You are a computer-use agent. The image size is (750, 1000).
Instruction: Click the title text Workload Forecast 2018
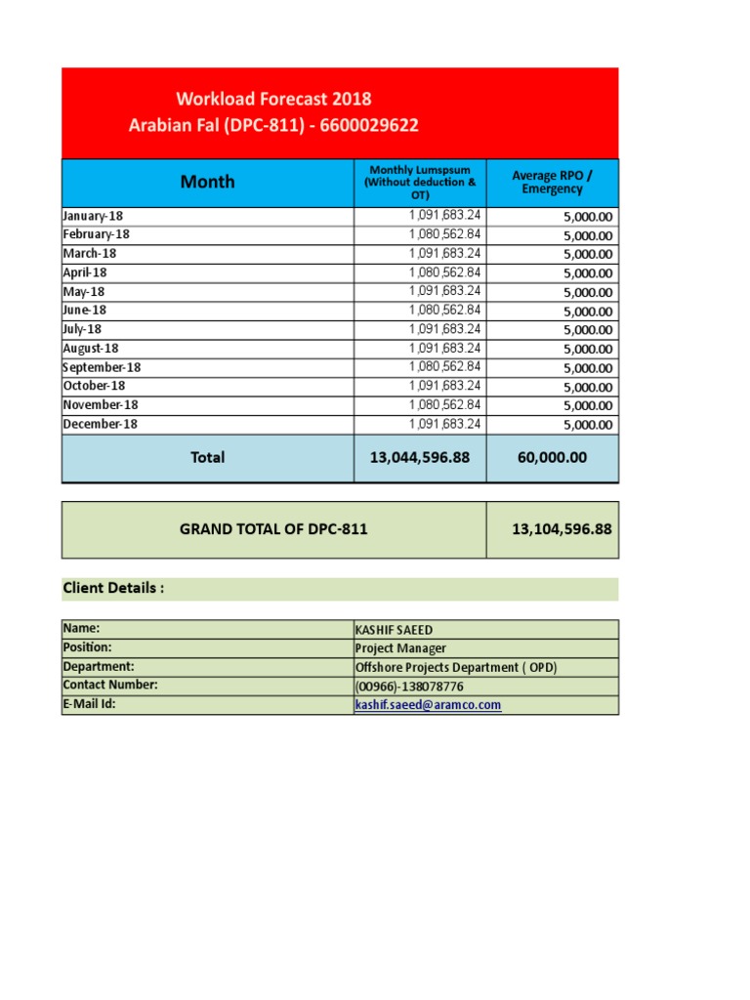point(273,99)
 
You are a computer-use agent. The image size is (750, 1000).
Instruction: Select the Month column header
point(207,182)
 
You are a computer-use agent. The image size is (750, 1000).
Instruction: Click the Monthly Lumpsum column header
point(420,183)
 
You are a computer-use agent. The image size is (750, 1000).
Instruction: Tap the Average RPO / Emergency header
point(552,182)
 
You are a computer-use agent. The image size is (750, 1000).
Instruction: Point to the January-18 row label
point(93,216)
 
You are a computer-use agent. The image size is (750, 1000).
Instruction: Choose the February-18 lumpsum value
point(444,234)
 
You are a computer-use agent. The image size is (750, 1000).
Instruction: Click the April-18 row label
point(85,272)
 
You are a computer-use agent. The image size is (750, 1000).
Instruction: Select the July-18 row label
point(82,329)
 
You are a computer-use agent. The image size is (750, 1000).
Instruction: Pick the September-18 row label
point(102,367)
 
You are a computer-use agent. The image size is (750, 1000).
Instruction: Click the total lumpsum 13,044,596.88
point(420,457)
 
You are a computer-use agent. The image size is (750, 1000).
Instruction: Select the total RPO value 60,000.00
point(552,457)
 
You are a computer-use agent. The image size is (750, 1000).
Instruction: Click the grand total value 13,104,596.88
point(562,529)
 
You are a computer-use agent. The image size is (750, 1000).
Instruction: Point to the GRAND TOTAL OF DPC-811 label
point(273,529)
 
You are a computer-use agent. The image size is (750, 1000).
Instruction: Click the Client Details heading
point(113,588)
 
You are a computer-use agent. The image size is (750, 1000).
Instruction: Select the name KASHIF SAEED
point(396,630)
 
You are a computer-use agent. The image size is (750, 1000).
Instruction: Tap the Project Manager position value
point(400,648)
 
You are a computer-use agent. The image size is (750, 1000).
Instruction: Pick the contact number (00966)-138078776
point(409,686)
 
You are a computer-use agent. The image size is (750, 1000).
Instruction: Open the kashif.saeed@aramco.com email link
point(428,704)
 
